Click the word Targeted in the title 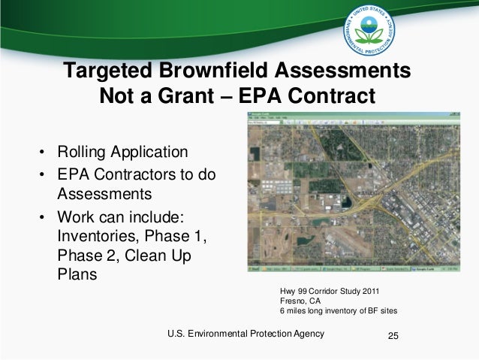pos(108,72)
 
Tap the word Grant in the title pos(198,98)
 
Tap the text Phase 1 pos(179,237)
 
